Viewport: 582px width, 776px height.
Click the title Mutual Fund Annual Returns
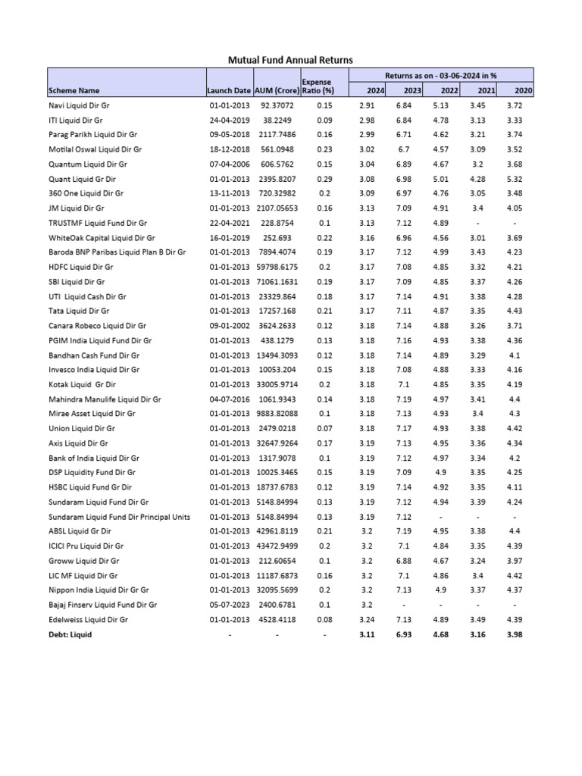tap(290, 59)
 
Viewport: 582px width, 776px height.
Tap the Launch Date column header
tap(229, 91)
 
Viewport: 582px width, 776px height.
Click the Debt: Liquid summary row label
tap(70, 634)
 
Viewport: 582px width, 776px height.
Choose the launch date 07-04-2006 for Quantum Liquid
tap(229, 164)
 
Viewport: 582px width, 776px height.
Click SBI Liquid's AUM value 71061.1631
tap(277, 281)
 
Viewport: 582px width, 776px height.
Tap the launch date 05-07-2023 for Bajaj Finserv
tap(229, 605)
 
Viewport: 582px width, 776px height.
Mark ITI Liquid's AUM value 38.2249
tap(277, 120)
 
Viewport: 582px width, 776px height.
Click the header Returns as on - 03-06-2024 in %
tap(440, 76)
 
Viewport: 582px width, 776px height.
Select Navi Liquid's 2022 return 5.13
tap(440, 105)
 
